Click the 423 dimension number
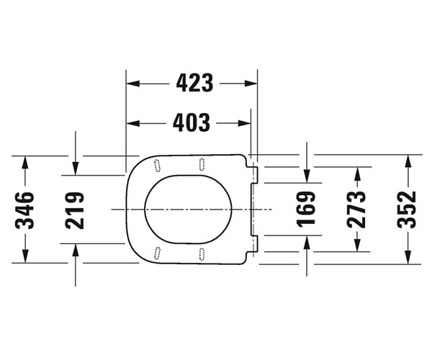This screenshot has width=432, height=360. [194, 83]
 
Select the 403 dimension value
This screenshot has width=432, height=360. [192, 122]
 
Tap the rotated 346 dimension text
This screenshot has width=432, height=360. [24, 211]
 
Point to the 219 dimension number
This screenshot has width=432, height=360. [75, 211]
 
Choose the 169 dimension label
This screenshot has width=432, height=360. [306, 210]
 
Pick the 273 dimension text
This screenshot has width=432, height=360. [356, 210]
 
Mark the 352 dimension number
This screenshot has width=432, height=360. [407, 210]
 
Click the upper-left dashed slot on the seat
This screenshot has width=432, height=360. [157, 166]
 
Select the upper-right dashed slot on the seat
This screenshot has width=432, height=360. [202, 164]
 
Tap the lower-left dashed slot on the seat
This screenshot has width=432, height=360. [157, 253]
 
